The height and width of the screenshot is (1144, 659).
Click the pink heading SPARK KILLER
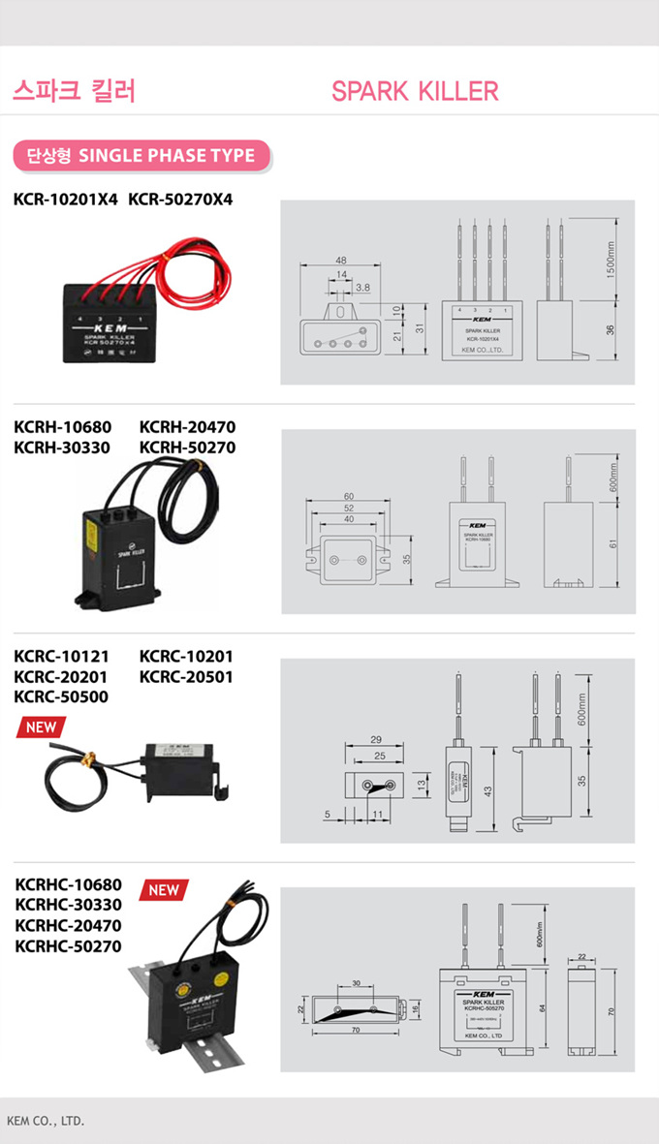[x=415, y=92]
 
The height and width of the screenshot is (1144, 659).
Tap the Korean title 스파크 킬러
[x=74, y=91]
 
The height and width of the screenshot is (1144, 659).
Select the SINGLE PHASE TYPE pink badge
[x=141, y=155]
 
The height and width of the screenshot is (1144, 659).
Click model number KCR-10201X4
[x=65, y=200]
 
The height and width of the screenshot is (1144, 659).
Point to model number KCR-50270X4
[x=181, y=200]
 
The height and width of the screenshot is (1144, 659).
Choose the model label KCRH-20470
[x=187, y=427]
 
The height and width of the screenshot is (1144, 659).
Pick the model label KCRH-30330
[x=63, y=448]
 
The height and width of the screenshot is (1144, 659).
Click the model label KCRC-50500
[x=61, y=696]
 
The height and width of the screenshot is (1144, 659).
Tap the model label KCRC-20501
[x=186, y=676]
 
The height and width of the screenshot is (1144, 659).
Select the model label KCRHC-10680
[x=69, y=884]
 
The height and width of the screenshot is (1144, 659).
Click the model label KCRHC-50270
[x=69, y=945]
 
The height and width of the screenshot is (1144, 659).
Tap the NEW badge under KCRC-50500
[x=41, y=727]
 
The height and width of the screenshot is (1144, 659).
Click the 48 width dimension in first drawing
[x=341, y=261]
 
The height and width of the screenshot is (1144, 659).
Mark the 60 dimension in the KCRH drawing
[x=348, y=496]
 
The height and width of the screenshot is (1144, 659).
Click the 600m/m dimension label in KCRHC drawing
[x=527, y=933]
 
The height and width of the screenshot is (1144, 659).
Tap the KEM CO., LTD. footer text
[x=46, y=1121]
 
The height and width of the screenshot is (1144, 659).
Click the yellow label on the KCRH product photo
[x=91, y=530]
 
